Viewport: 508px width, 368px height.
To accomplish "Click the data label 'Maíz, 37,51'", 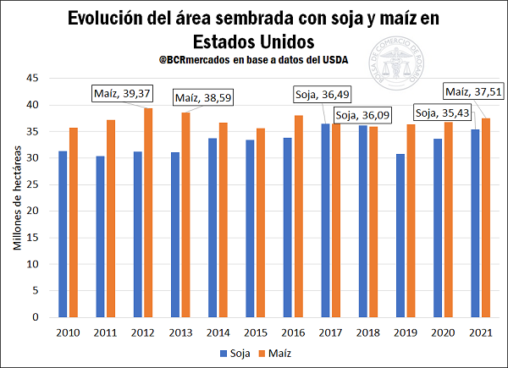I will [x=475, y=90].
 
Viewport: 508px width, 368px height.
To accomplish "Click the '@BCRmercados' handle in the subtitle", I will [x=196, y=60].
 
